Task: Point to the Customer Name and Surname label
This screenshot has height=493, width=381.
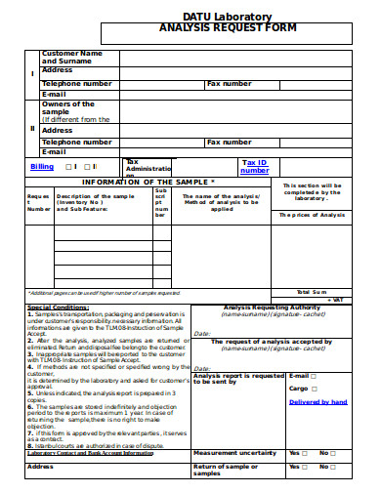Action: [x=71, y=57]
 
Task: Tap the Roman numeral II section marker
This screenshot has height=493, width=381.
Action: [x=32, y=127]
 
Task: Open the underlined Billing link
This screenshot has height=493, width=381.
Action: [x=42, y=167]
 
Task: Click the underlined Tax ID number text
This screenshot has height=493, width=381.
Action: [x=254, y=166]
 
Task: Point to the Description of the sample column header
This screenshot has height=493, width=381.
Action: [x=96, y=200]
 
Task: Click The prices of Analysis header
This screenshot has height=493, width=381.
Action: [x=312, y=215]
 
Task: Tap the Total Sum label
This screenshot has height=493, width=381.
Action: [x=313, y=292]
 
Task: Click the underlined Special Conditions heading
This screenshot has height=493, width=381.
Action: [x=58, y=308]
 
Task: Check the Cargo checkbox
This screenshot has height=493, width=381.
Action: [x=316, y=389]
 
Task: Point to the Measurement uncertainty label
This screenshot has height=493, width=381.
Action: [x=235, y=453]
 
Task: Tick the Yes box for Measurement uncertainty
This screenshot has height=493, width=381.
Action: [x=305, y=453]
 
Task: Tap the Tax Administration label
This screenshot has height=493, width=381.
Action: [x=147, y=166]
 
